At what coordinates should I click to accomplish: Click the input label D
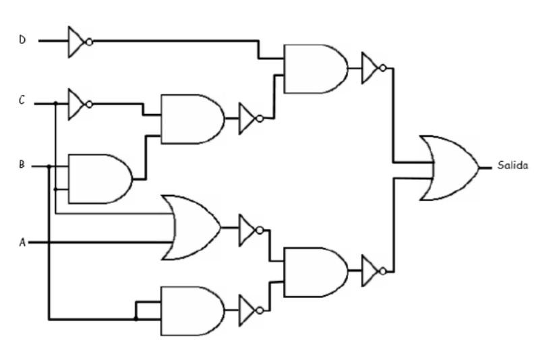point(22,40)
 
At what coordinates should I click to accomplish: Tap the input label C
point(22,102)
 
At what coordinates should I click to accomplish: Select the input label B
point(22,164)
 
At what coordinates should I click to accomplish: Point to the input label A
point(22,241)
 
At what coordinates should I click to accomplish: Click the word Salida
point(513,165)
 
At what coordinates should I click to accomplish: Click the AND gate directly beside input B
point(100,179)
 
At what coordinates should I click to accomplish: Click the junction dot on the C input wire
point(55,104)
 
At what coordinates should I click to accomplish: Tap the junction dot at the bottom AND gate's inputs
point(136,318)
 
